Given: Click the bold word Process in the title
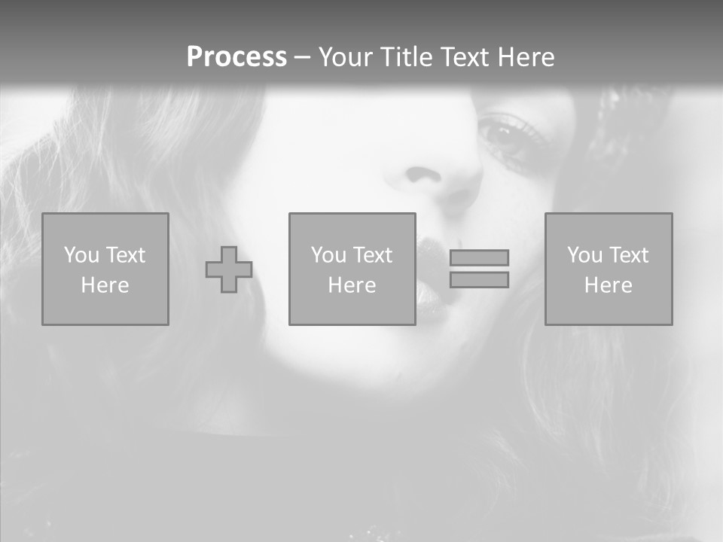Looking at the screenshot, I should coord(236,57).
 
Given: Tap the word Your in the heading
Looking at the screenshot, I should coord(345,57).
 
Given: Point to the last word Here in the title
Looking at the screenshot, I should coord(526,57).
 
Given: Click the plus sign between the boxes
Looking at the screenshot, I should coord(229,269).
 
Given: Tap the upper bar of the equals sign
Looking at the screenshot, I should coord(479,257).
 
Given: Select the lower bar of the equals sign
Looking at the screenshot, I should coord(479,279).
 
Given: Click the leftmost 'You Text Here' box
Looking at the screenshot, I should coord(105,269).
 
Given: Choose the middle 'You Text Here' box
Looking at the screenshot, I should coord(352,269).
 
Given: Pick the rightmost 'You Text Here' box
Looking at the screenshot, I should coord(609,269).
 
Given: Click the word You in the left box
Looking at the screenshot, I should coord(81,255).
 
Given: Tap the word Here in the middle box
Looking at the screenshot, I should coord(352,285).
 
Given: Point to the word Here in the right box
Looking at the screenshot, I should coord(609,285).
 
